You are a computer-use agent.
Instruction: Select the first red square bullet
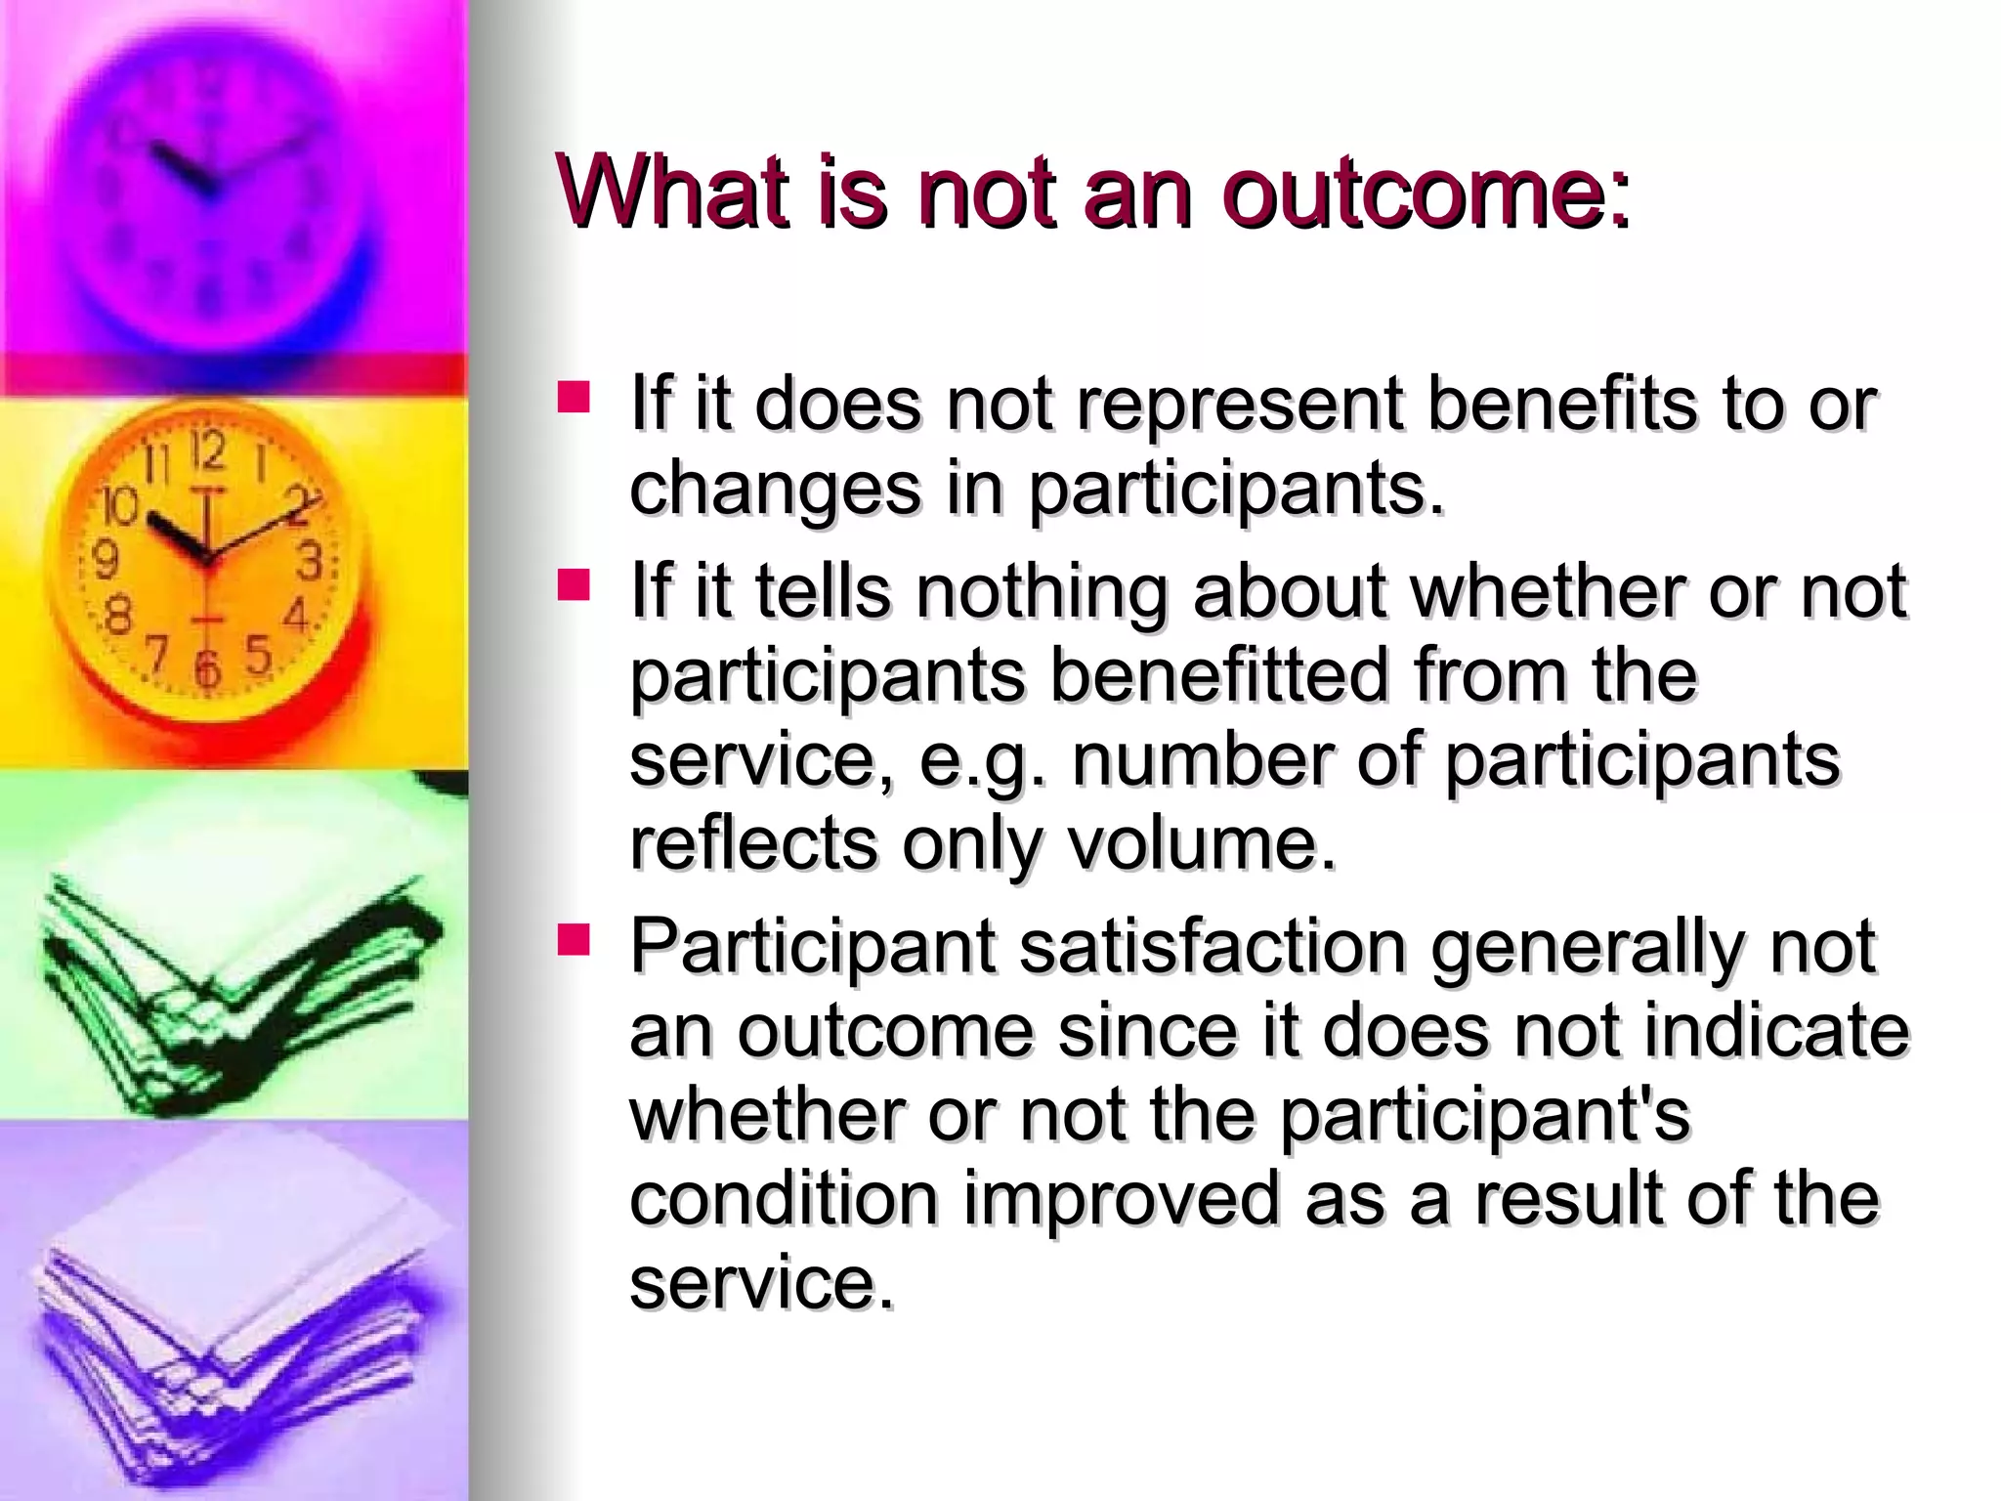click(x=574, y=397)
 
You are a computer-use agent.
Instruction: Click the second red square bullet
click(x=574, y=585)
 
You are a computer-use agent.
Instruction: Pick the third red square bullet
click(x=574, y=940)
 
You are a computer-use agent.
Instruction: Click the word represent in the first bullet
click(x=1239, y=405)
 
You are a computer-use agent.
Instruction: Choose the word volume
click(x=1201, y=844)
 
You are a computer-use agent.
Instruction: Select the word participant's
click(x=1484, y=1115)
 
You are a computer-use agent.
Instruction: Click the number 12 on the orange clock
click(x=207, y=451)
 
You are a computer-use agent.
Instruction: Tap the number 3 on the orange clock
click(x=310, y=562)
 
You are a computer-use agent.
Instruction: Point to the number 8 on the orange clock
click(x=117, y=617)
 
